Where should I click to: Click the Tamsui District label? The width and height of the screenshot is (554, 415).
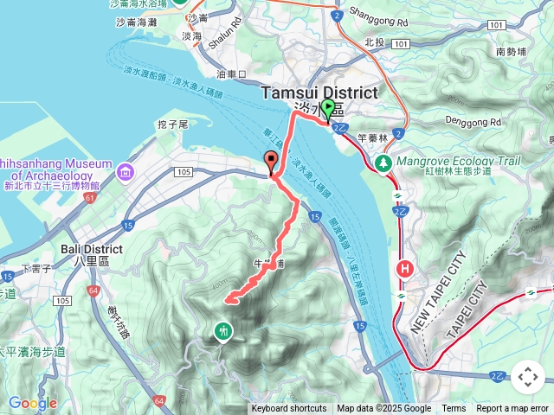pyautogui.click(x=319, y=93)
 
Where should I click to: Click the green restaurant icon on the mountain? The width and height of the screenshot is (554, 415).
pyautogui.click(x=223, y=330)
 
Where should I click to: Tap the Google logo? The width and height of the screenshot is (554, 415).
pyautogui.click(x=32, y=403)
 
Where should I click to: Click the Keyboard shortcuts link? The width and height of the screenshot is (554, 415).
pyautogui.click(x=289, y=409)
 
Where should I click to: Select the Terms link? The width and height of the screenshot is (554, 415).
pyautogui.click(x=454, y=409)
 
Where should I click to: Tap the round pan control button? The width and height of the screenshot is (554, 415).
pyautogui.click(x=527, y=377)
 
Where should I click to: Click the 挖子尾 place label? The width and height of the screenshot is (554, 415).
pyautogui.click(x=172, y=125)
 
